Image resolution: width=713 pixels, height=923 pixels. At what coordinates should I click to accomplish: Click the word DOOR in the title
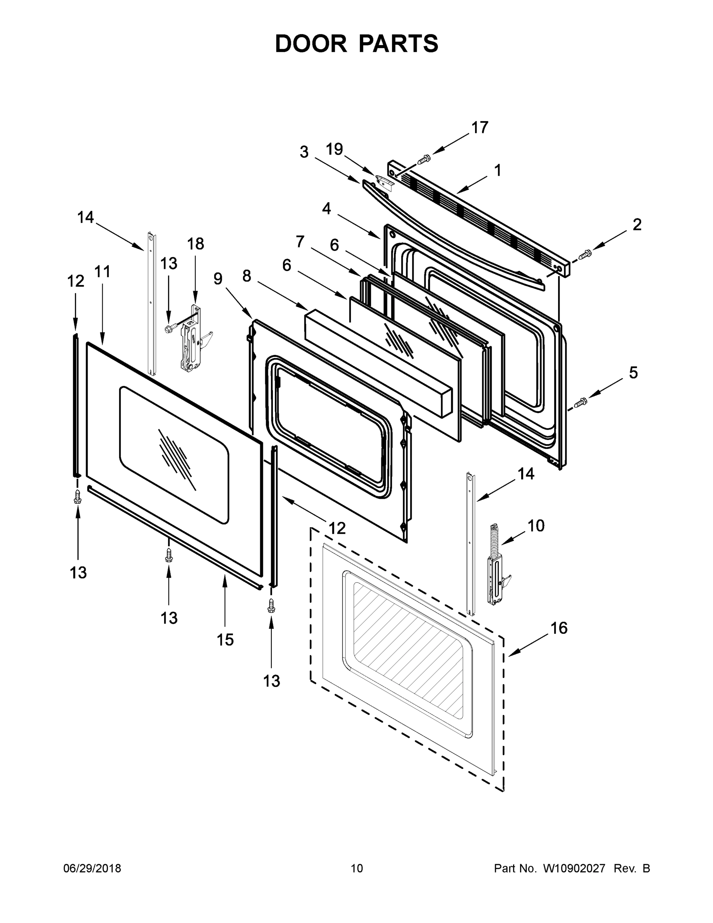point(311,43)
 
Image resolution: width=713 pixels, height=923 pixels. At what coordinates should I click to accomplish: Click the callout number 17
point(480,127)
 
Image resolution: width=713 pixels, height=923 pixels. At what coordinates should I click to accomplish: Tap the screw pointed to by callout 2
point(585,255)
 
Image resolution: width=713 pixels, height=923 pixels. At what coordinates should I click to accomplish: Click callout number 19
point(334,149)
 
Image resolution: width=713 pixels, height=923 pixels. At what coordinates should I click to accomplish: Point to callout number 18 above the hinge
point(196,244)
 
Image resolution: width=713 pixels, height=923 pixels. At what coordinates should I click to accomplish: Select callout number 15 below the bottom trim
point(225,640)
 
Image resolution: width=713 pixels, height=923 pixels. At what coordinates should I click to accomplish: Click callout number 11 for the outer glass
point(102,272)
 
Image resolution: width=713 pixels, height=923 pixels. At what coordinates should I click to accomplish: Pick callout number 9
point(218,279)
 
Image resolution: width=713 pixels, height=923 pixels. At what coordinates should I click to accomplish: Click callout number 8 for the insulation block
point(247,276)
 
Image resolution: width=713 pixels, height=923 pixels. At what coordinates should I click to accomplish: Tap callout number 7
point(299,242)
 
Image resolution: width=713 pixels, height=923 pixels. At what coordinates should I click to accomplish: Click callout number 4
point(326,208)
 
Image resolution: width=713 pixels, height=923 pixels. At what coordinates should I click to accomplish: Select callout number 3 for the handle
point(304,152)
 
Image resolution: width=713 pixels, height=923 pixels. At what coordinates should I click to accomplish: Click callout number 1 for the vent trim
point(498,170)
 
